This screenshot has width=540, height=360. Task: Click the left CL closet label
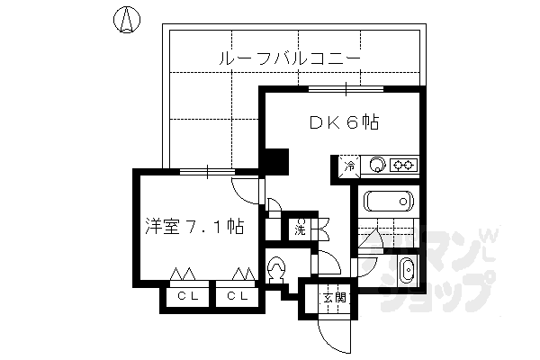pyautogui.click(x=187, y=295)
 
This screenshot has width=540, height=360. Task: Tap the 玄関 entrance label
pyautogui.click(x=335, y=296)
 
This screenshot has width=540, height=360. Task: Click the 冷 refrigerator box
pyautogui.click(x=347, y=166)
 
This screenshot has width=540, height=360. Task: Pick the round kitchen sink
pyautogui.click(x=379, y=165)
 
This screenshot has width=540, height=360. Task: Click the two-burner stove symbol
pyautogui.click(x=404, y=165)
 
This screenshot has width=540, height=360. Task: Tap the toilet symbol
pyautogui.click(x=277, y=269)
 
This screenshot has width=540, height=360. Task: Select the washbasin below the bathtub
pyautogui.click(x=406, y=269)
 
